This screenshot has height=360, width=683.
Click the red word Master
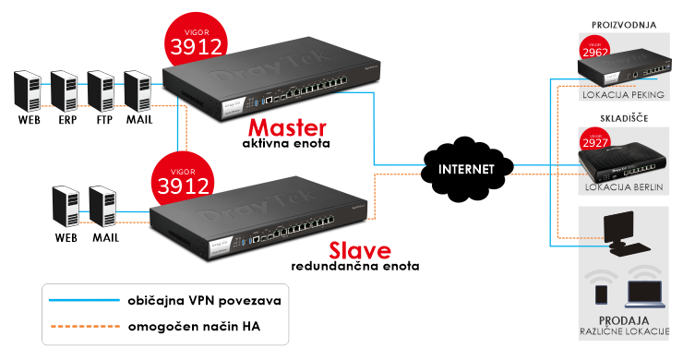(287, 126)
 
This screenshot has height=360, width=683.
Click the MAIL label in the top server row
(138, 120)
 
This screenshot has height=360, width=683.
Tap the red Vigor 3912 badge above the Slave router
(186, 174)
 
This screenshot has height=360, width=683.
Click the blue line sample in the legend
(80, 301)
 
